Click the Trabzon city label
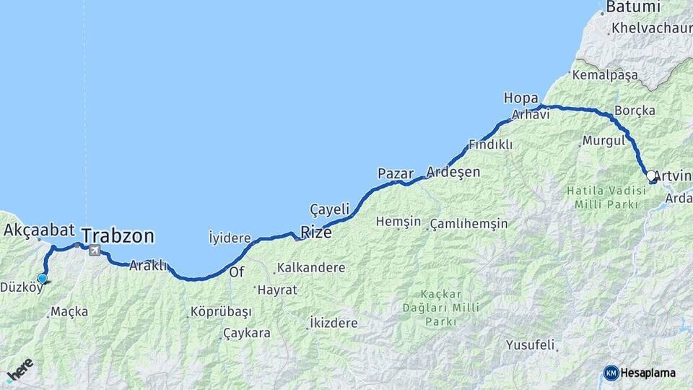(x=118, y=235)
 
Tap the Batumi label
(x=633, y=7)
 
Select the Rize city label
(x=316, y=232)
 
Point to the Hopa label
(x=521, y=97)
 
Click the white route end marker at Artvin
(x=650, y=175)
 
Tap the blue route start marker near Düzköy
(x=43, y=279)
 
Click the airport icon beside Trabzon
(x=95, y=251)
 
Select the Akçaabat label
(x=40, y=230)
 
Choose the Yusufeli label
(x=531, y=344)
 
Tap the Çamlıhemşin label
(x=469, y=224)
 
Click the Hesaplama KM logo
(x=640, y=373)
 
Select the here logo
(x=19, y=370)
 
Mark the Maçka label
(x=71, y=312)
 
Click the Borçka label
(x=635, y=110)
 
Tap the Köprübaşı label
(x=220, y=312)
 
